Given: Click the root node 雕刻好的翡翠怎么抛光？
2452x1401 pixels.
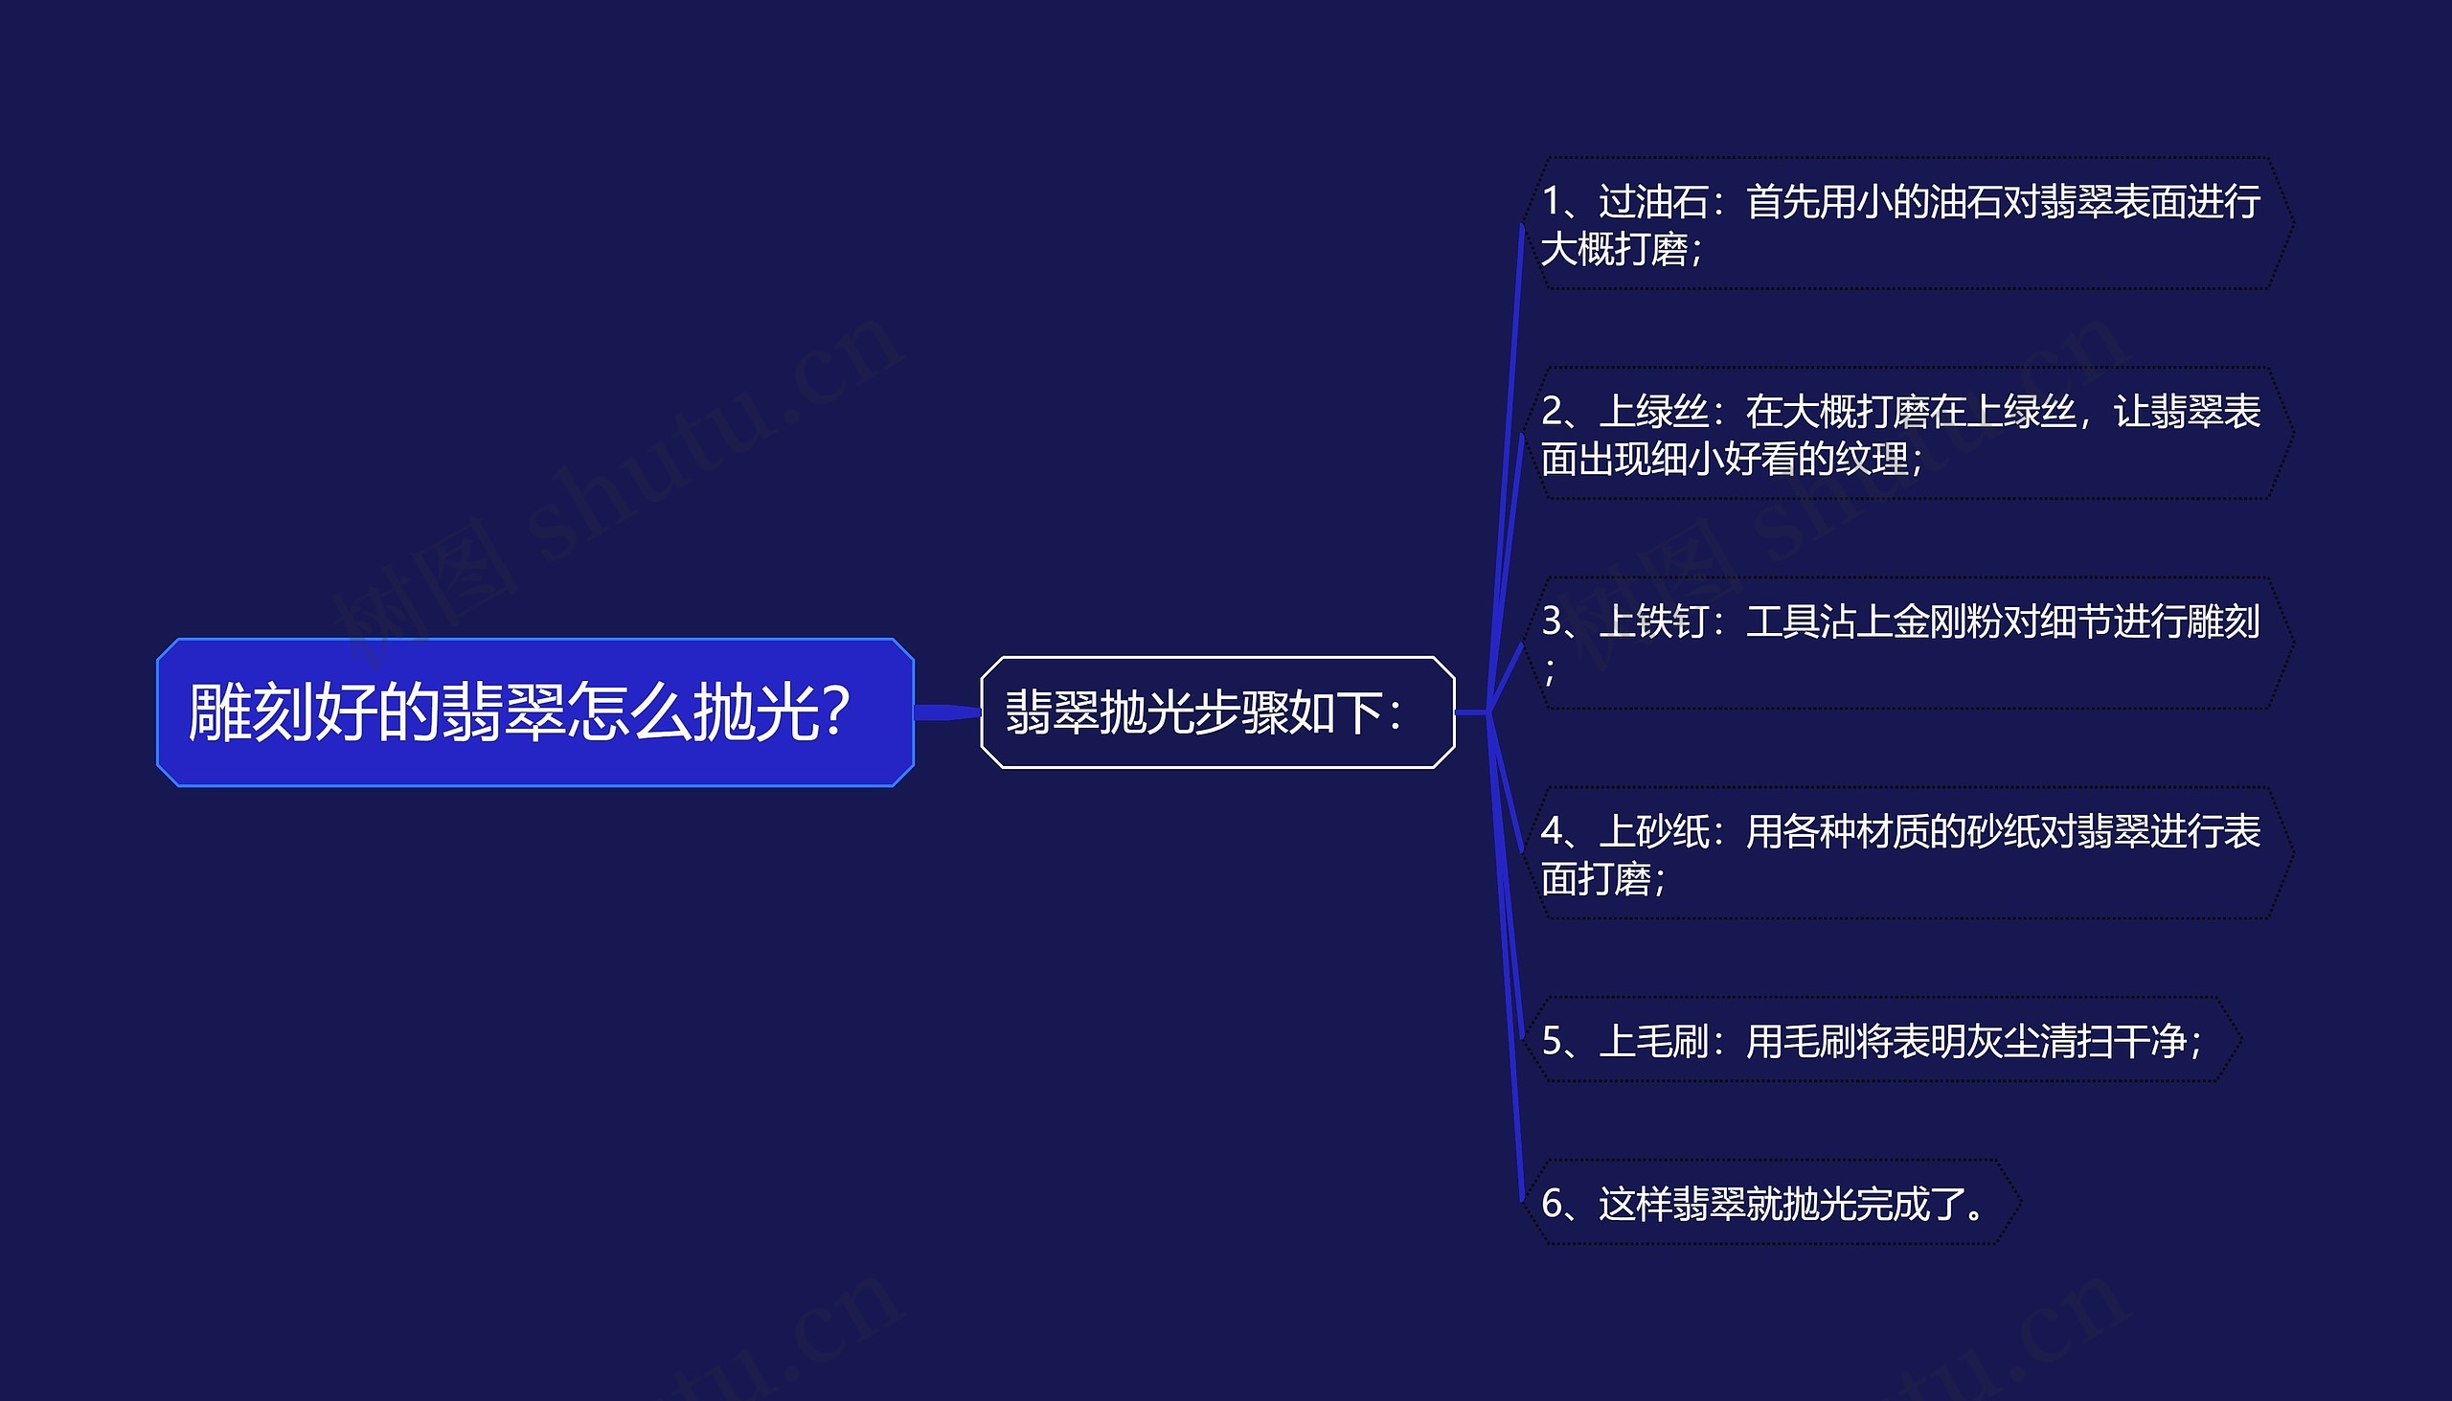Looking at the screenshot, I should [x=534, y=712].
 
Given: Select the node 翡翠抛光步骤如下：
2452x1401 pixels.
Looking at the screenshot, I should [x=1216, y=712].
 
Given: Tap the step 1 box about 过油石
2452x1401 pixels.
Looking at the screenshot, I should [x=1905, y=223].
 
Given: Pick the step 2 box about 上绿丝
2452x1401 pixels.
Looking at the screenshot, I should [x=1905, y=433].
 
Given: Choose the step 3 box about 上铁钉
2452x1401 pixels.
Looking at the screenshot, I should [x=1905, y=643].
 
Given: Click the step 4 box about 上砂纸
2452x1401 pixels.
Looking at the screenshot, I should [x=1905, y=852].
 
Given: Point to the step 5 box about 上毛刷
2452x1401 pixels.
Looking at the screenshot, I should [x=1876, y=1040].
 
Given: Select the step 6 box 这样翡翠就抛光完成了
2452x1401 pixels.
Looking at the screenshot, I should [x=1767, y=1203].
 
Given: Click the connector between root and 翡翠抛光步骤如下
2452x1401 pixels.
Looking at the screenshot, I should [x=947, y=712].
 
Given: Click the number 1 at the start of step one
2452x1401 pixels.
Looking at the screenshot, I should [x=1552, y=202].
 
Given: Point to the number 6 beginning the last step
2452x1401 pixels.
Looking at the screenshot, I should [x=1552, y=1204].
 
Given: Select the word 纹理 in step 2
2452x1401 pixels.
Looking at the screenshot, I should [x=1872, y=459].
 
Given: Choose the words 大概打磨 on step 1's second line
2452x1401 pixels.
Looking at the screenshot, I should [x=1614, y=249].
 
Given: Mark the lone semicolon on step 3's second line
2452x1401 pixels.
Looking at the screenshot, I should [x=1550, y=669].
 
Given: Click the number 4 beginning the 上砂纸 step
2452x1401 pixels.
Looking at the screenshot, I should [x=1552, y=831].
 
